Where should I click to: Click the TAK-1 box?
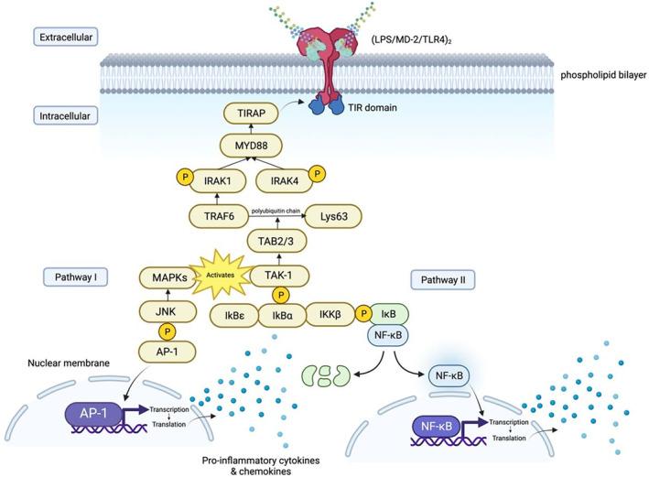click(x=280, y=275)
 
